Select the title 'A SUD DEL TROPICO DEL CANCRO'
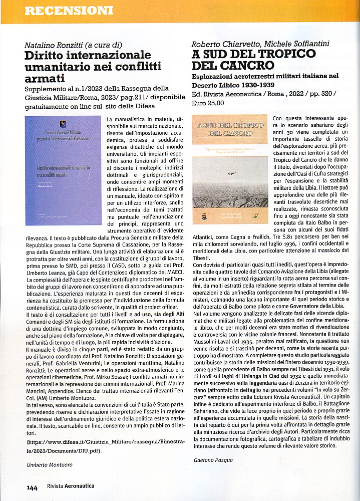[x=253, y=60]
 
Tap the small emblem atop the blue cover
[x=62, y=123]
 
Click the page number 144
[x=32, y=486]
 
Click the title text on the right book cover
[x=229, y=129]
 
